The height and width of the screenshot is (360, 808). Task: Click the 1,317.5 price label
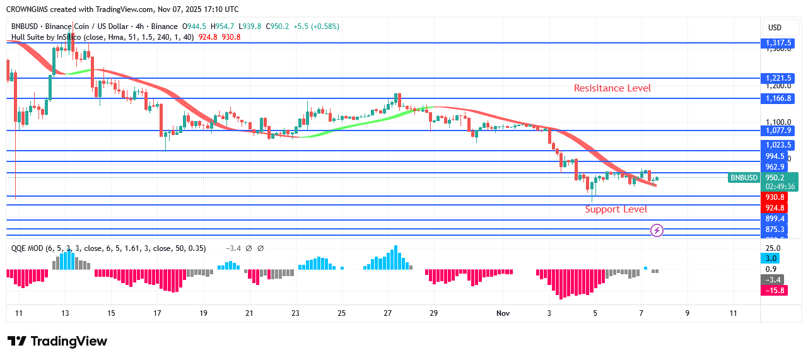coord(778,43)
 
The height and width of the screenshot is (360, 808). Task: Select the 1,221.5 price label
coord(778,78)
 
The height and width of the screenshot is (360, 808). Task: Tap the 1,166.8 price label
coord(778,98)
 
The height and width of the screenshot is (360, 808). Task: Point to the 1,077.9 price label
coord(778,131)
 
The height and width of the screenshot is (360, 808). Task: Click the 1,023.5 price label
coord(778,145)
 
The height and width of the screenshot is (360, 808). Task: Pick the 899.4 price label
coord(775,219)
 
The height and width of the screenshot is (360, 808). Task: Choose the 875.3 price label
coord(775,229)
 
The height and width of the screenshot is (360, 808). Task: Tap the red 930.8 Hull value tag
coord(775,197)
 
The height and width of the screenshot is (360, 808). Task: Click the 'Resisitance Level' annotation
coord(612,88)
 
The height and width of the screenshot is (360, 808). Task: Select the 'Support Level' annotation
coord(616,209)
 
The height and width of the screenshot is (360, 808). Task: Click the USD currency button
coord(775,28)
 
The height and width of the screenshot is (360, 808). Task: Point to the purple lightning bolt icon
coord(657,231)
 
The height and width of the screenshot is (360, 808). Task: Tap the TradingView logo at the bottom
coord(57,341)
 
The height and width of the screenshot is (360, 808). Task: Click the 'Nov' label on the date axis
coord(503,313)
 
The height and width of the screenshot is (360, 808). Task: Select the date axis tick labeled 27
coord(387,313)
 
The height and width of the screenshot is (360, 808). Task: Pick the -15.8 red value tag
coord(775,291)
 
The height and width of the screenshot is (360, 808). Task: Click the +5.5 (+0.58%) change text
coord(316,26)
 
